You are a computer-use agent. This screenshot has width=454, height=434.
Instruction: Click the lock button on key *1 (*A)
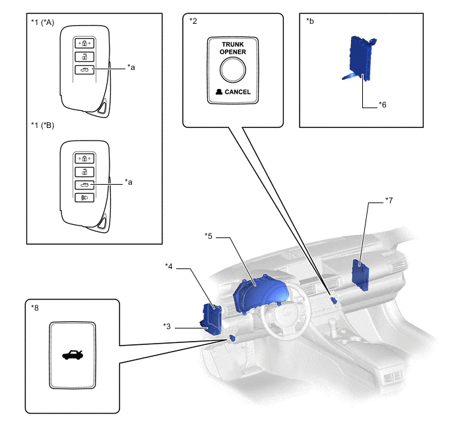[84, 44]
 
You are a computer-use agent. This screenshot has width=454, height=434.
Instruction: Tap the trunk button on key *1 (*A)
[84, 70]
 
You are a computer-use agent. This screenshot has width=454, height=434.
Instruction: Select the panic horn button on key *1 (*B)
[84, 198]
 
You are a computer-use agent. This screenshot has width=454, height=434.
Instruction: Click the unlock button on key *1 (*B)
[84, 172]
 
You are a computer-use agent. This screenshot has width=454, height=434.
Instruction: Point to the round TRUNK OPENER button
[233, 70]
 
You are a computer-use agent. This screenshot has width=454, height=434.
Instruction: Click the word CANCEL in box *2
[238, 92]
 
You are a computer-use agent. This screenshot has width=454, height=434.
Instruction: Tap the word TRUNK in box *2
[233, 45]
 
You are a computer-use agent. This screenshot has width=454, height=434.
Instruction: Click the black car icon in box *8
[73, 355]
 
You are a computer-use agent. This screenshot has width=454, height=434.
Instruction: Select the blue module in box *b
[360, 59]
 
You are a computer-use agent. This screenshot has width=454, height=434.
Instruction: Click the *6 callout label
[383, 105]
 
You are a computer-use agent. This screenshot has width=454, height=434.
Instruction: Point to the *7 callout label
[389, 201]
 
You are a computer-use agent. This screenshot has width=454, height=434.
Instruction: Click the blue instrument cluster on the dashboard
[261, 293]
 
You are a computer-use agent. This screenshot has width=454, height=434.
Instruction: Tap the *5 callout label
[208, 236]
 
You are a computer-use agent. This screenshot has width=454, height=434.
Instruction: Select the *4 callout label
[168, 266]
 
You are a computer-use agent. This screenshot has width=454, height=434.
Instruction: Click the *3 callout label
[167, 326]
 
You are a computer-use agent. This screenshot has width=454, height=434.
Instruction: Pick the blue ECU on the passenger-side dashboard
[360, 275]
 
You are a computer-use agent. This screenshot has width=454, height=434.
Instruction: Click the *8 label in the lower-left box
[35, 308]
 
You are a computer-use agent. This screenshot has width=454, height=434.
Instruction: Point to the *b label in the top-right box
[309, 21]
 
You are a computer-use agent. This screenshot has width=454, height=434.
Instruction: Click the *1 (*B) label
[42, 125]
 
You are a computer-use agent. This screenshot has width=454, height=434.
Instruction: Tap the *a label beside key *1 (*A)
[131, 67]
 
